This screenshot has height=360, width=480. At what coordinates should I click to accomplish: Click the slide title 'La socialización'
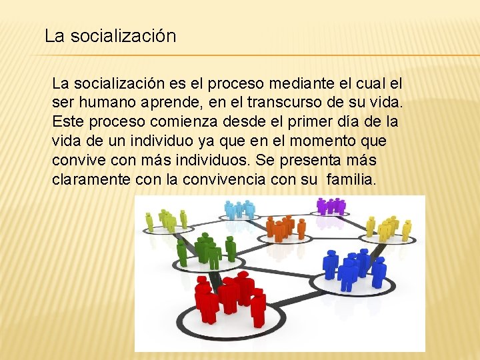111,36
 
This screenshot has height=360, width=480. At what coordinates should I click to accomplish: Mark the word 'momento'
328,142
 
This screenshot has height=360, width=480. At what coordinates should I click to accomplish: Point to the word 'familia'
351,180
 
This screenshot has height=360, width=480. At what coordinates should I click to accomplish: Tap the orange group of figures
285,228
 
